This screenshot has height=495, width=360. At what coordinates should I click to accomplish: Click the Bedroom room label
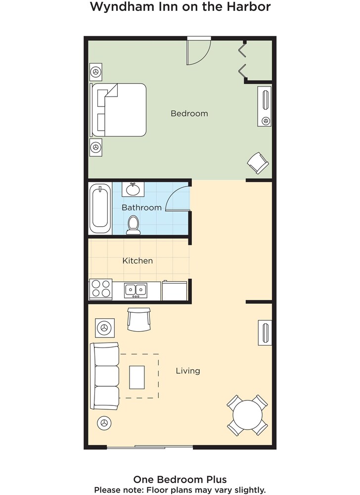[x=189, y=113]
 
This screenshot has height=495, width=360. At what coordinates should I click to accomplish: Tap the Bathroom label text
[x=141, y=207]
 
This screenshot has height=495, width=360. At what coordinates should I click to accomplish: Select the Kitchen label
[x=137, y=260]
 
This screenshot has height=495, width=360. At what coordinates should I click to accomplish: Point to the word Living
[x=188, y=371]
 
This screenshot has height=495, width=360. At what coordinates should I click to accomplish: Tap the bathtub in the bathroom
[x=100, y=209]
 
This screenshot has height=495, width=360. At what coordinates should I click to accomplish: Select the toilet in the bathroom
[x=134, y=225]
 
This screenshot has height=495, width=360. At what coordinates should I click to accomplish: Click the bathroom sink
[x=133, y=190]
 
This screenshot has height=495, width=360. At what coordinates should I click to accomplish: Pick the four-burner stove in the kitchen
[x=101, y=289]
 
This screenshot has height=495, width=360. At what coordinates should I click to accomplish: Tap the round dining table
[x=247, y=415]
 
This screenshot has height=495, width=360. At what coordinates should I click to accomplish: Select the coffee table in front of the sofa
[x=137, y=377]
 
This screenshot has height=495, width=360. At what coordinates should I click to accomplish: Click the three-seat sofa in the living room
[x=105, y=376]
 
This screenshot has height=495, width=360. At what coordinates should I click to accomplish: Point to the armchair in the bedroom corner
[x=258, y=163]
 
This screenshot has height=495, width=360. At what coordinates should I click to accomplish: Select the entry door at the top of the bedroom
[x=199, y=50]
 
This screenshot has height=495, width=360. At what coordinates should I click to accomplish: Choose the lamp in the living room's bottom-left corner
[x=104, y=423]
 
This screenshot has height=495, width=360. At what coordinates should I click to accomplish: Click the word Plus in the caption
[x=216, y=480]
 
